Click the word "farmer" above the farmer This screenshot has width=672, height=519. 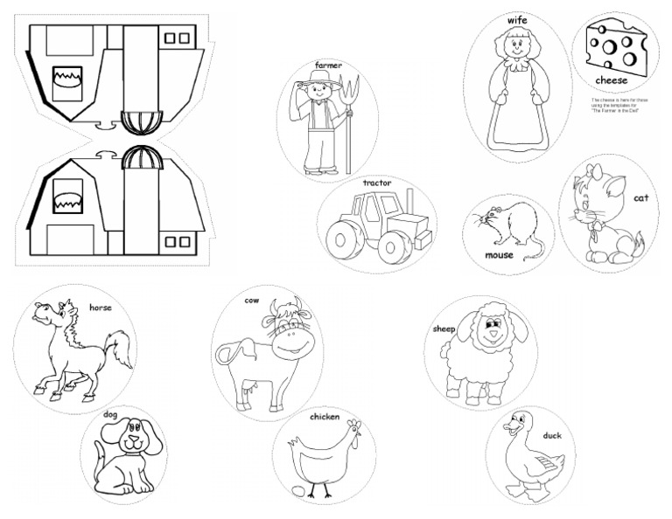click(x=328, y=66)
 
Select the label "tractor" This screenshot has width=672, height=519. click(x=377, y=183)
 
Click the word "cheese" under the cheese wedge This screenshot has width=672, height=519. click(x=612, y=80)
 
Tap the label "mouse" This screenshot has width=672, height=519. click(x=499, y=256)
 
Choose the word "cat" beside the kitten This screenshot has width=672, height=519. click(x=640, y=198)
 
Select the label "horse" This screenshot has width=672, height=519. click(x=101, y=308)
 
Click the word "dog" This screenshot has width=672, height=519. click(x=110, y=414)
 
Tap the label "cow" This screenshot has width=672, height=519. click(x=252, y=301)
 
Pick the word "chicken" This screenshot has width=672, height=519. click(x=325, y=417)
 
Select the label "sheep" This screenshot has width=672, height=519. click(x=444, y=330)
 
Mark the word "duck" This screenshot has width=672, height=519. click(x=551, y=435)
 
